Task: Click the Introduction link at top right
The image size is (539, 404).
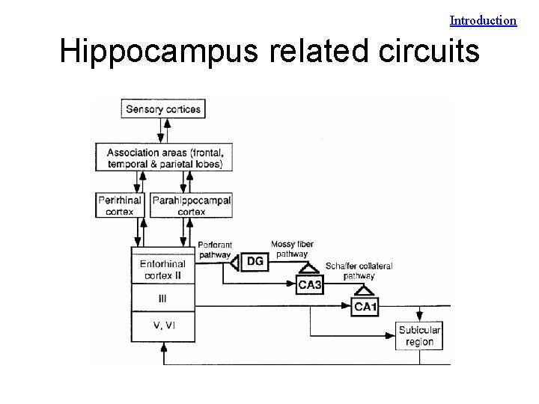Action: pos(483,21)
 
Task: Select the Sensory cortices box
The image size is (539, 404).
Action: pos(163,109)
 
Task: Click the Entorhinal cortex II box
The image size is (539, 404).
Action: pos(163,269)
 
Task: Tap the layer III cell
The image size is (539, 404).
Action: pos(163,299)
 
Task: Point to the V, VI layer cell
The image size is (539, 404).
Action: pos(163,325)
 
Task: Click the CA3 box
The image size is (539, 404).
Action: pos(310,284)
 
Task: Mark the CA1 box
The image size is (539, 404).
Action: pos(366,306)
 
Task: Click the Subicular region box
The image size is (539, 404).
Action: pos(418,336)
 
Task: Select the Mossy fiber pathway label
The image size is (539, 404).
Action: pos(291,249)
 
